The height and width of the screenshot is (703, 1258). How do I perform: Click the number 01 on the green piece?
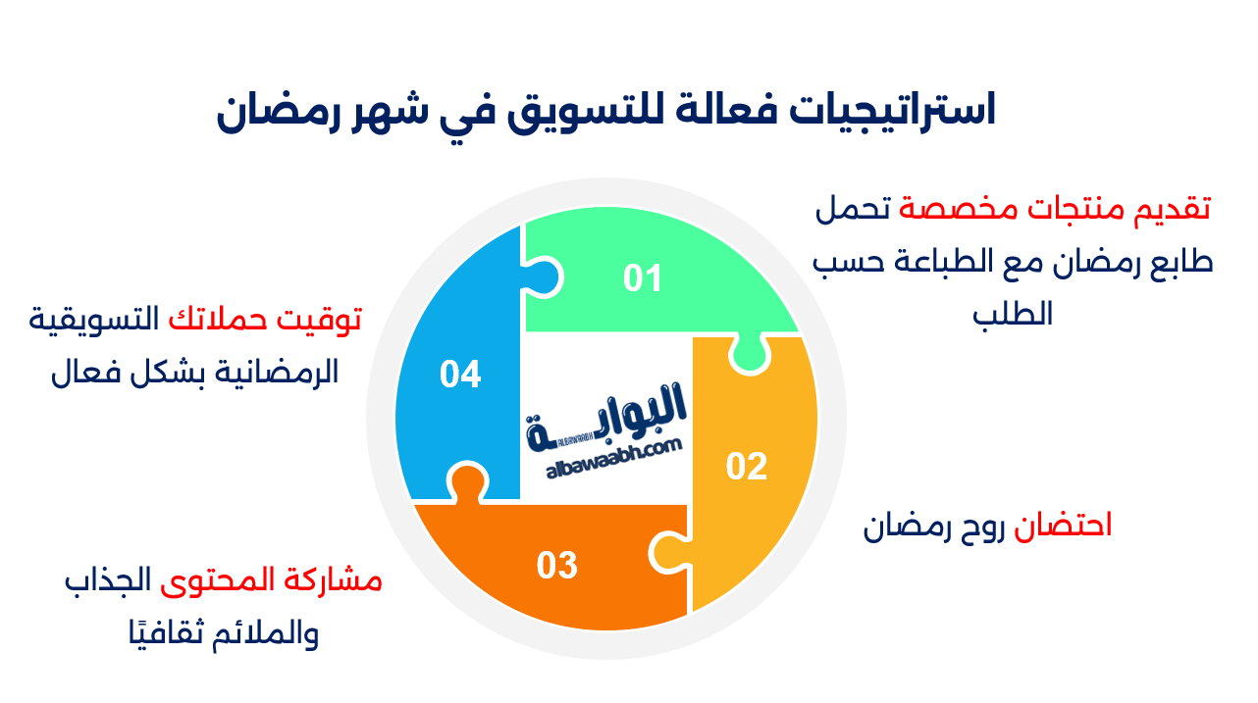point(643,279)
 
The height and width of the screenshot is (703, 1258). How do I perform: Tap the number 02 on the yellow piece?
point(746,467)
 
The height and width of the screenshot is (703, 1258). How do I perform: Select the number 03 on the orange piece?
point(556,566)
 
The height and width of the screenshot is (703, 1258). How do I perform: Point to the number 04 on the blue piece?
point(460,375)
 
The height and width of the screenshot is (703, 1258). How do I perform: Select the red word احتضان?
point(1073,526)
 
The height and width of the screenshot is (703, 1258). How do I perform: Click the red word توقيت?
point(326,319)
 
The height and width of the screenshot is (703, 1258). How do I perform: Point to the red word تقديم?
point(1174,208)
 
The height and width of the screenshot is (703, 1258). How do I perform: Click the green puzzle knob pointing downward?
point(748,355)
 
